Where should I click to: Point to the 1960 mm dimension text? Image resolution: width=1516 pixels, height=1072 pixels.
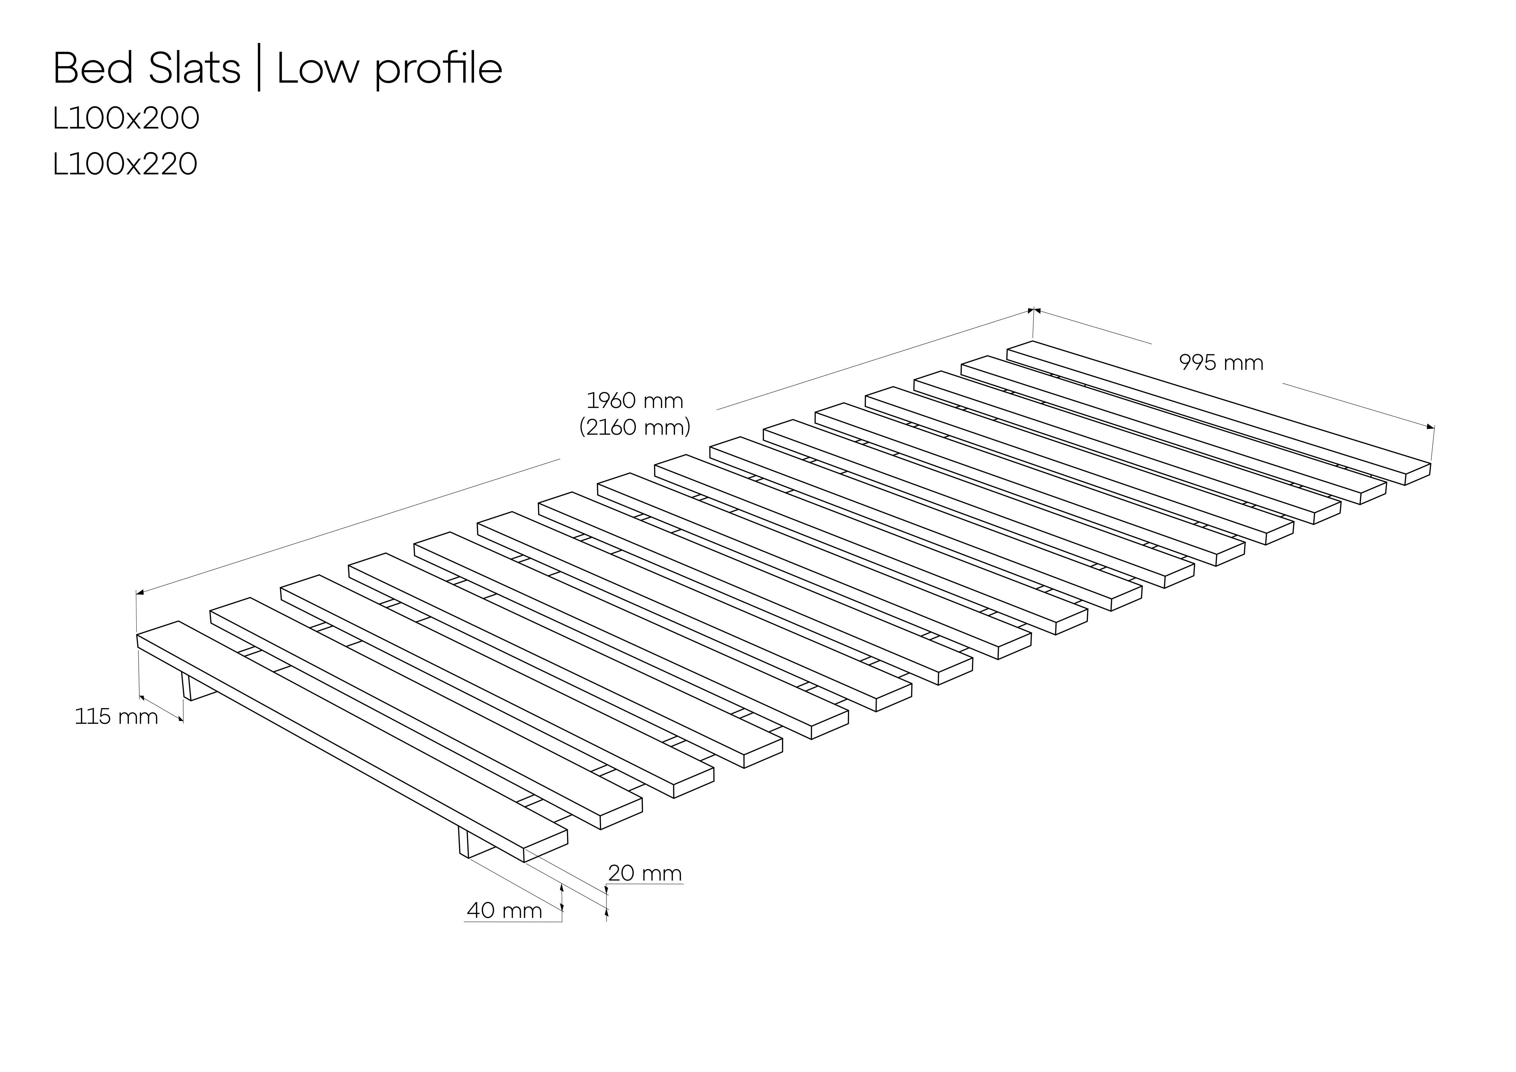[x=635, y=401]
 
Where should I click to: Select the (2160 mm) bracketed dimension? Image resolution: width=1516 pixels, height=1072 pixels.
[x=635, y=428]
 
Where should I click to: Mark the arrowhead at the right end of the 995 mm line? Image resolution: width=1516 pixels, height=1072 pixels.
[x=1430, y=427]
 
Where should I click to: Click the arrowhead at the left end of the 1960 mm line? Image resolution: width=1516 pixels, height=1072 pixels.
[x=140, y=593]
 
